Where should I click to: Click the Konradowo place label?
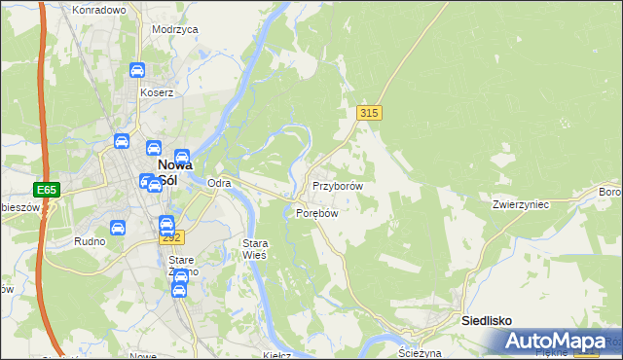point(99,10)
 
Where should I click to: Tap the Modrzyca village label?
point(175,29)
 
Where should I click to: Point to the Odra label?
point(219,183)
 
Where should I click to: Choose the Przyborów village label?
point(338,186)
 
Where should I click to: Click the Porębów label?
point(316,214)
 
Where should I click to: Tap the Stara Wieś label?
point(254,248)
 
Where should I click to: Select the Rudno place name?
point(89,240)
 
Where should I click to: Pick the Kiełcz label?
point(277,354)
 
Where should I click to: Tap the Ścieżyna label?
point(421,353)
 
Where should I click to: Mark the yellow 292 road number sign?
point(171,237)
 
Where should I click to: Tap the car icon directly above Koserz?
point(137,70)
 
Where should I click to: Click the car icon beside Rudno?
point(118,228)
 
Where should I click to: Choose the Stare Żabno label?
point(183,266)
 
